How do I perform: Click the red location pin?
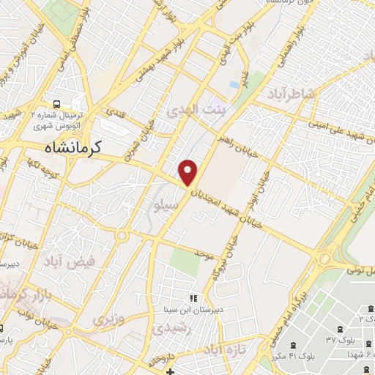pyautogui.click(x=188, y=171)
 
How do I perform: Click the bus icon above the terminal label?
pyautogui.click(x=57, y=104)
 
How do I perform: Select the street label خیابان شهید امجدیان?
pyautogui.click(x=231, y=206)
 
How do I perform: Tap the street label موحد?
pyautogui.click(x=203, y=253)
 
